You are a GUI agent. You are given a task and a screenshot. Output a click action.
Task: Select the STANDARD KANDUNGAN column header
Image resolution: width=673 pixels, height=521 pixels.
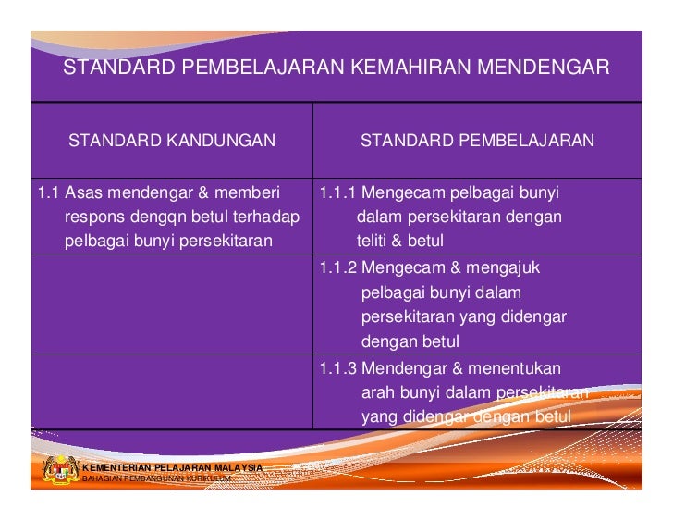pos(172,141)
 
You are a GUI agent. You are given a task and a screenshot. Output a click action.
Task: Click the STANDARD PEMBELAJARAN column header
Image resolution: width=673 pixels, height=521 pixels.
pos(477,141)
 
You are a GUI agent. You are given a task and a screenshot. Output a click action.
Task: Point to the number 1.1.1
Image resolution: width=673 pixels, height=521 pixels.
pos(337,193)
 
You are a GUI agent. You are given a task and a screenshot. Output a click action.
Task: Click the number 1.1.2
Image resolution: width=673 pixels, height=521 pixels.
pos(337,268)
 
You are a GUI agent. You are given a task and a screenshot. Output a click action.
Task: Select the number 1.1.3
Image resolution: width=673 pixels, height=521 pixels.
pos(337,368)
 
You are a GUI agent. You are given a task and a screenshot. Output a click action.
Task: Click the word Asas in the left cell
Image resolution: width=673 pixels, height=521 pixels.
pos(82,193)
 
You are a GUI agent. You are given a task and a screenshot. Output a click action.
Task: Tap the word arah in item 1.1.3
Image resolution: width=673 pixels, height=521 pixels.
pos(377,392)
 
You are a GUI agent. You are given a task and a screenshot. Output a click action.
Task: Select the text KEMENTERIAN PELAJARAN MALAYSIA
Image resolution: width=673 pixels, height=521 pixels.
pos(173,467)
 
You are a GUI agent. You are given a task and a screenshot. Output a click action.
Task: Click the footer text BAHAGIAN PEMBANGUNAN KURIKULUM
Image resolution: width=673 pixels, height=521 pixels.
pos(156,478)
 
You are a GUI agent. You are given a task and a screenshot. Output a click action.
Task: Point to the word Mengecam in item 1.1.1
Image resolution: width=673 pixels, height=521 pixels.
pos(404,193)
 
